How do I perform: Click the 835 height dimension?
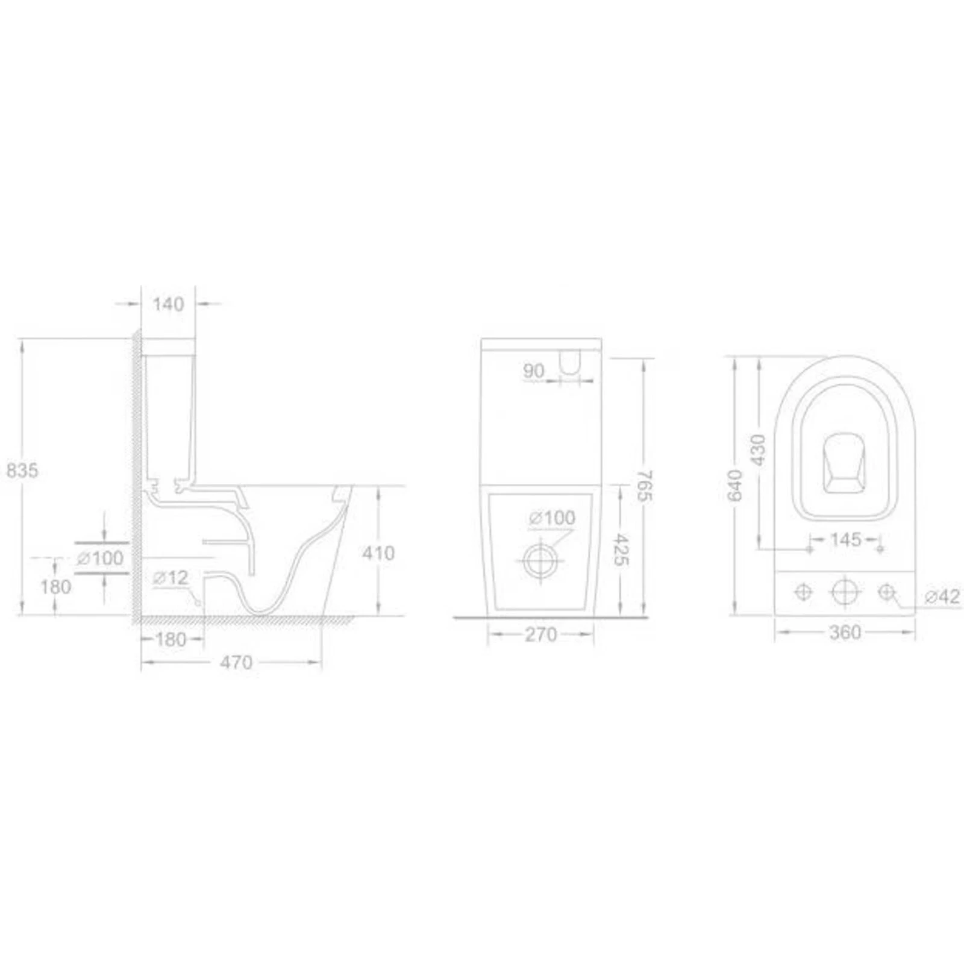point(22,470)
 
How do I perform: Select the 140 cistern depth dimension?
point(168,304)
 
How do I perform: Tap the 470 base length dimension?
point(236,663)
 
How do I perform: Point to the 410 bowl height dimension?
point(378,553)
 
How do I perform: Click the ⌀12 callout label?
point(171,578)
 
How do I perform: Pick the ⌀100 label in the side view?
point(100,559)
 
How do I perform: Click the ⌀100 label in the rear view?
point(552,518)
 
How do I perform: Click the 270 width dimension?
point(541,634)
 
